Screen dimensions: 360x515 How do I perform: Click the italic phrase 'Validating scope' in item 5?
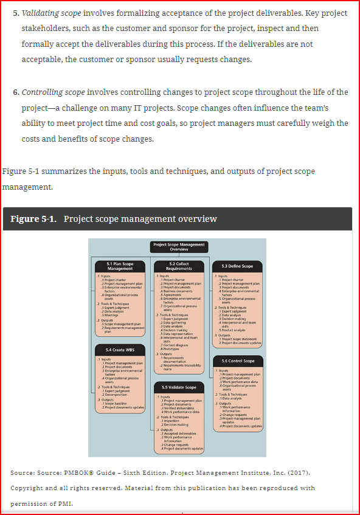click(x=51, y=13)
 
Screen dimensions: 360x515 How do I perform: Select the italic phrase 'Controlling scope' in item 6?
click(x=53, y=92)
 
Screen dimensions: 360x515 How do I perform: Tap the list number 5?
click(x=16, y=13)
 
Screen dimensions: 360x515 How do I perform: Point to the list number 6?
click(x=16, y=92)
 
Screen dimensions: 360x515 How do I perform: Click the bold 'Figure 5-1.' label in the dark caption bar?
click(x=34, y=219)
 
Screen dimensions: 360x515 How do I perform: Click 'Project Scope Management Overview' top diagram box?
click(x=179, y=247)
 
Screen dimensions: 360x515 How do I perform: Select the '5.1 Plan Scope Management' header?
click(x=120, y=266)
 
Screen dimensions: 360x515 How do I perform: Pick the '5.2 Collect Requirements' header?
click(x=179, y=266)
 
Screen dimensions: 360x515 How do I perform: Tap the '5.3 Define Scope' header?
click(x=237, y=266)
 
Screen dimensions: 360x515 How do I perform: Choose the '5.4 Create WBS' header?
click(x=120, y=350)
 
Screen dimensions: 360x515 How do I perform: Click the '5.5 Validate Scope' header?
click(x=179, y=387)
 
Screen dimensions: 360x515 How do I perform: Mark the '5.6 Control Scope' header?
click(x=237, y=361)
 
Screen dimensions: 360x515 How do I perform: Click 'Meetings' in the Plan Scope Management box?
click(x=109, y=316)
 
